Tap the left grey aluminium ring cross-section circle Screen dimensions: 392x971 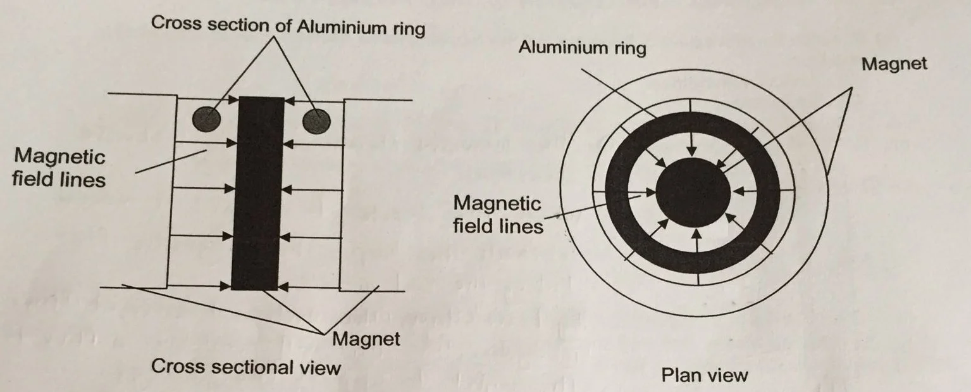click(207, 118)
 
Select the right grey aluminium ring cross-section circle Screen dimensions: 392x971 click(316, 120)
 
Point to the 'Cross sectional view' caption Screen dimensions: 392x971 click(245, 367)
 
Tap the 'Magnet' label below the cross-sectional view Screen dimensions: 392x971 click(366, 339)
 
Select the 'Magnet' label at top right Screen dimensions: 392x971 click(893, 64)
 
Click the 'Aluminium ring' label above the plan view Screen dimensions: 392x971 click(582, 48)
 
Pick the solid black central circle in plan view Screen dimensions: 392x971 click(692, 191)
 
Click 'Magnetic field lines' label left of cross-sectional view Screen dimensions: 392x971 click(59, 167)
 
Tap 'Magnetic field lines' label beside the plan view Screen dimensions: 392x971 click(498, 214)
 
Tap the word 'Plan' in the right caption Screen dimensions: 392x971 click(680, 375)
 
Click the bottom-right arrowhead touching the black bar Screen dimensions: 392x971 click(283, 286)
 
